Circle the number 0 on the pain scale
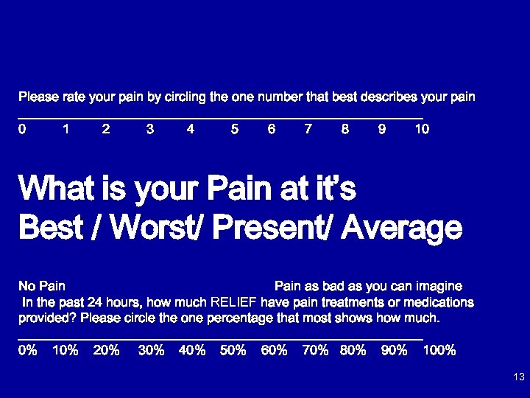click(x=22, y=129)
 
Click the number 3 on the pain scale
click(x=150, y=129)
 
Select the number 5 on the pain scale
click(x=234, y=129)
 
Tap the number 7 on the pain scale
click(x=308, y=129)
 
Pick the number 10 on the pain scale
click(x=422, y=129)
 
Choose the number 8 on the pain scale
click(x=345, y=129)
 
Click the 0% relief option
click(x=28, y=351)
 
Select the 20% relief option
click(x=107, y=351)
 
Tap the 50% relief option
click(x=233, y=351)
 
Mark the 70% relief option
click(x=315, y=351)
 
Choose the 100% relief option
click(x=439, y=351)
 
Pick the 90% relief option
click(x=394, y=351)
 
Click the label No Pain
click(x=42, y=286)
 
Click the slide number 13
click(x=518, y=377)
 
